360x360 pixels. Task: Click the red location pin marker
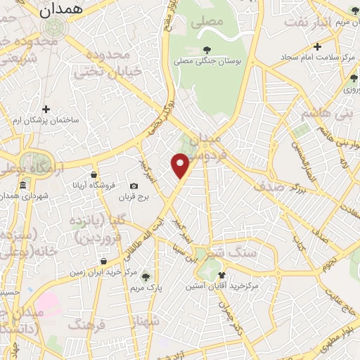[x=181, y=166]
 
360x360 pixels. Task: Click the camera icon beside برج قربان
[x=134, y=186]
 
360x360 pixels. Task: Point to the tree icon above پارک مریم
[x=146, y=276]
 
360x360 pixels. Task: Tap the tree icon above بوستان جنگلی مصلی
[x=206, y=49]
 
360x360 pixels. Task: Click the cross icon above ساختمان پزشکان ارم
[x=46, y=109]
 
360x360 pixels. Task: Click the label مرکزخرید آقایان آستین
[x=222, y=287]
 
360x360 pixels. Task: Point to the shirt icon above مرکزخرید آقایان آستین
[x=222, y=276]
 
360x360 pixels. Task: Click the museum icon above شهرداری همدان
[x=22, y=185]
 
